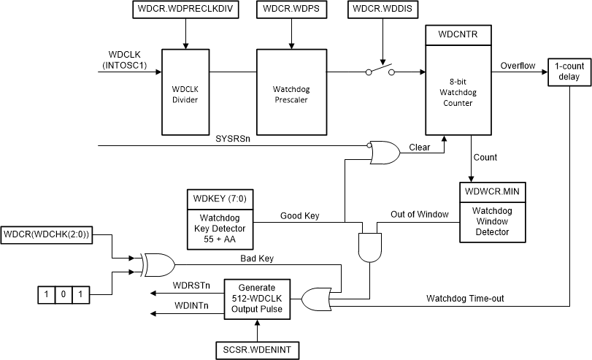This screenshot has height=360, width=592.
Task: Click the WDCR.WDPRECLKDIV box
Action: point(185,11)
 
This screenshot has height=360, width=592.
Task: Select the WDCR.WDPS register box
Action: point(292,11)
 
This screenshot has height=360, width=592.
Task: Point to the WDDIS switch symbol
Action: point(380,71)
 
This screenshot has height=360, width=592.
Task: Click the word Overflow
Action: point(518,66)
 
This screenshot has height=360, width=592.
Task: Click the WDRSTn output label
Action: point(191,285)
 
